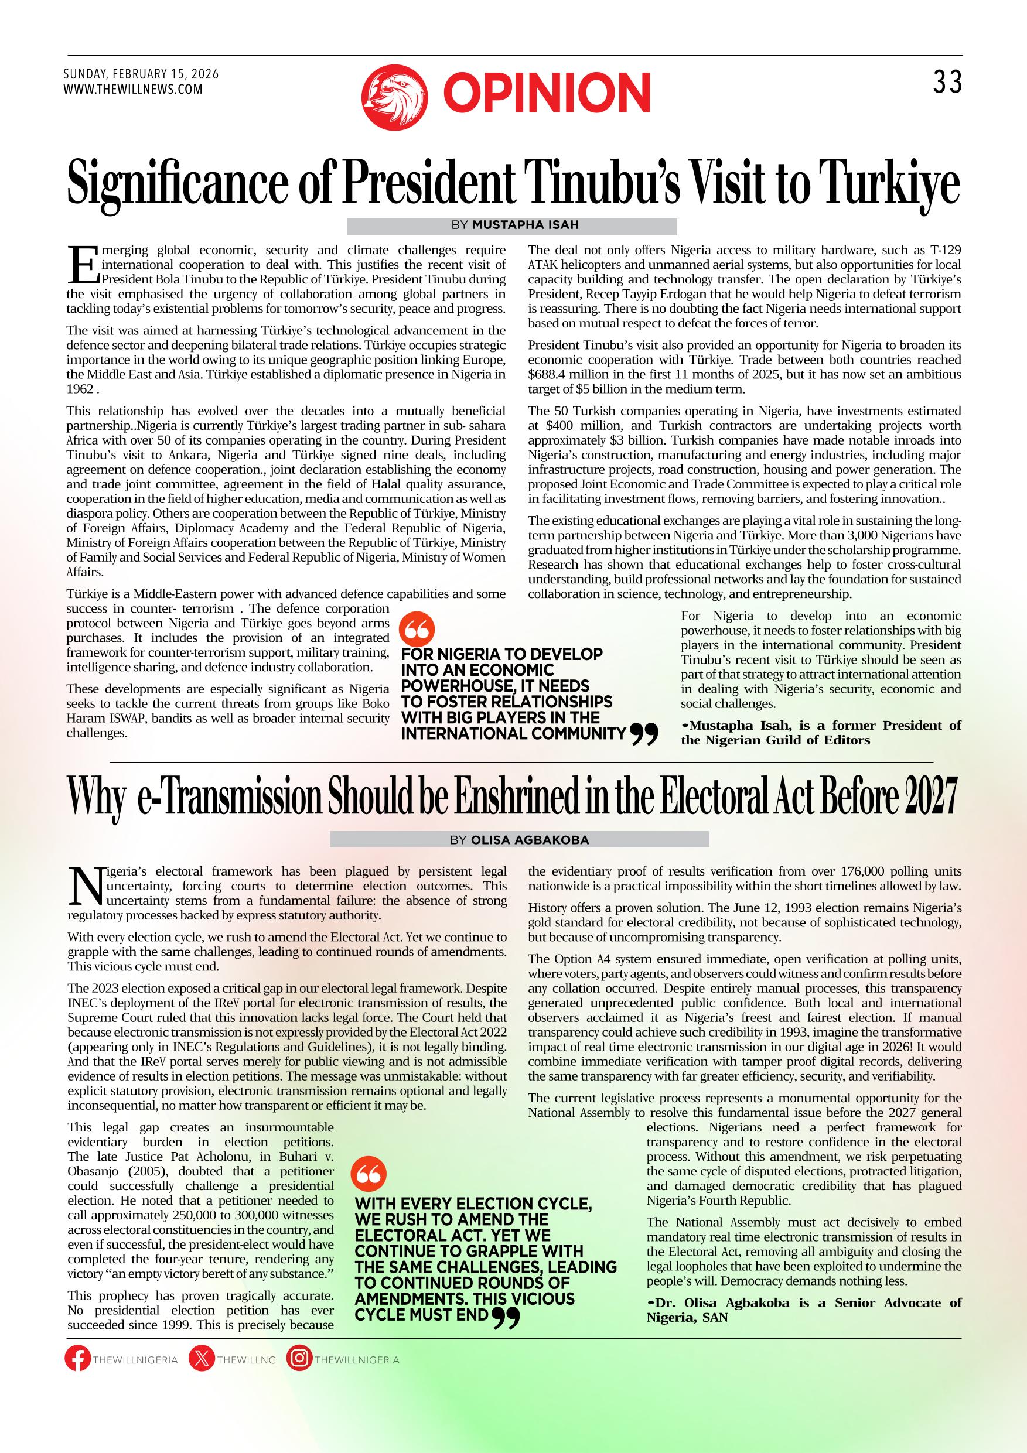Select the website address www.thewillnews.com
pos(133,90)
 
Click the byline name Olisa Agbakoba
pos(530,840)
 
